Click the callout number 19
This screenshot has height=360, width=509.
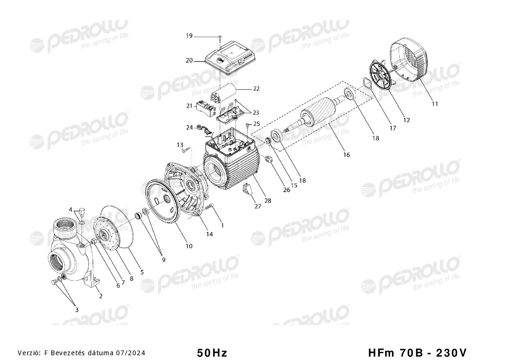189,36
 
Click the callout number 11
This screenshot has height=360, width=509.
435,104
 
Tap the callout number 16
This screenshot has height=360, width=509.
346,155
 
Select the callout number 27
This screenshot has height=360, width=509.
258,206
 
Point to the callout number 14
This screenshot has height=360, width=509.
209,234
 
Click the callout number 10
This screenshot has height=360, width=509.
189,246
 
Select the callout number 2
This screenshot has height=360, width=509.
101,296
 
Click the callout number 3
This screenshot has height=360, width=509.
77,310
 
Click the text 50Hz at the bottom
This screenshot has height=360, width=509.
212,353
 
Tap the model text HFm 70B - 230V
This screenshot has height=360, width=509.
417,353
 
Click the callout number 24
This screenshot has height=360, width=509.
189,127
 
